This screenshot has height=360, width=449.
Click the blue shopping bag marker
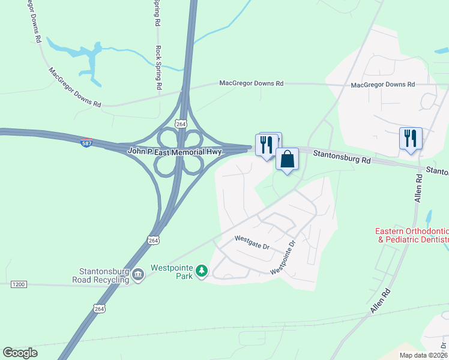click(x=288, y=160)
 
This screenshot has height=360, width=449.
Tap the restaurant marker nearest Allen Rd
click(x=411, y=137)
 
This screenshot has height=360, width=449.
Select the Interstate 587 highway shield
click(x=86, y=143)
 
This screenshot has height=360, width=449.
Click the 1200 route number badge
click(x=18, y=284)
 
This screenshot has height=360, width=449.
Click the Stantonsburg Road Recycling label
click(x=100, y=275)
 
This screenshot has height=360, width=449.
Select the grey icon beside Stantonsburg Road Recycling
click(x=138, y=275)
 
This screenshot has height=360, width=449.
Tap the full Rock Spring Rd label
click(x=158, y=67)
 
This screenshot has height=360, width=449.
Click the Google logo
click(x=20, y=353)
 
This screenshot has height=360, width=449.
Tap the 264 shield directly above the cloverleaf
click(x=181, y=123)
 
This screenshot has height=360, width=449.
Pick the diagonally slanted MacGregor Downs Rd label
click(x=75, y=88)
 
